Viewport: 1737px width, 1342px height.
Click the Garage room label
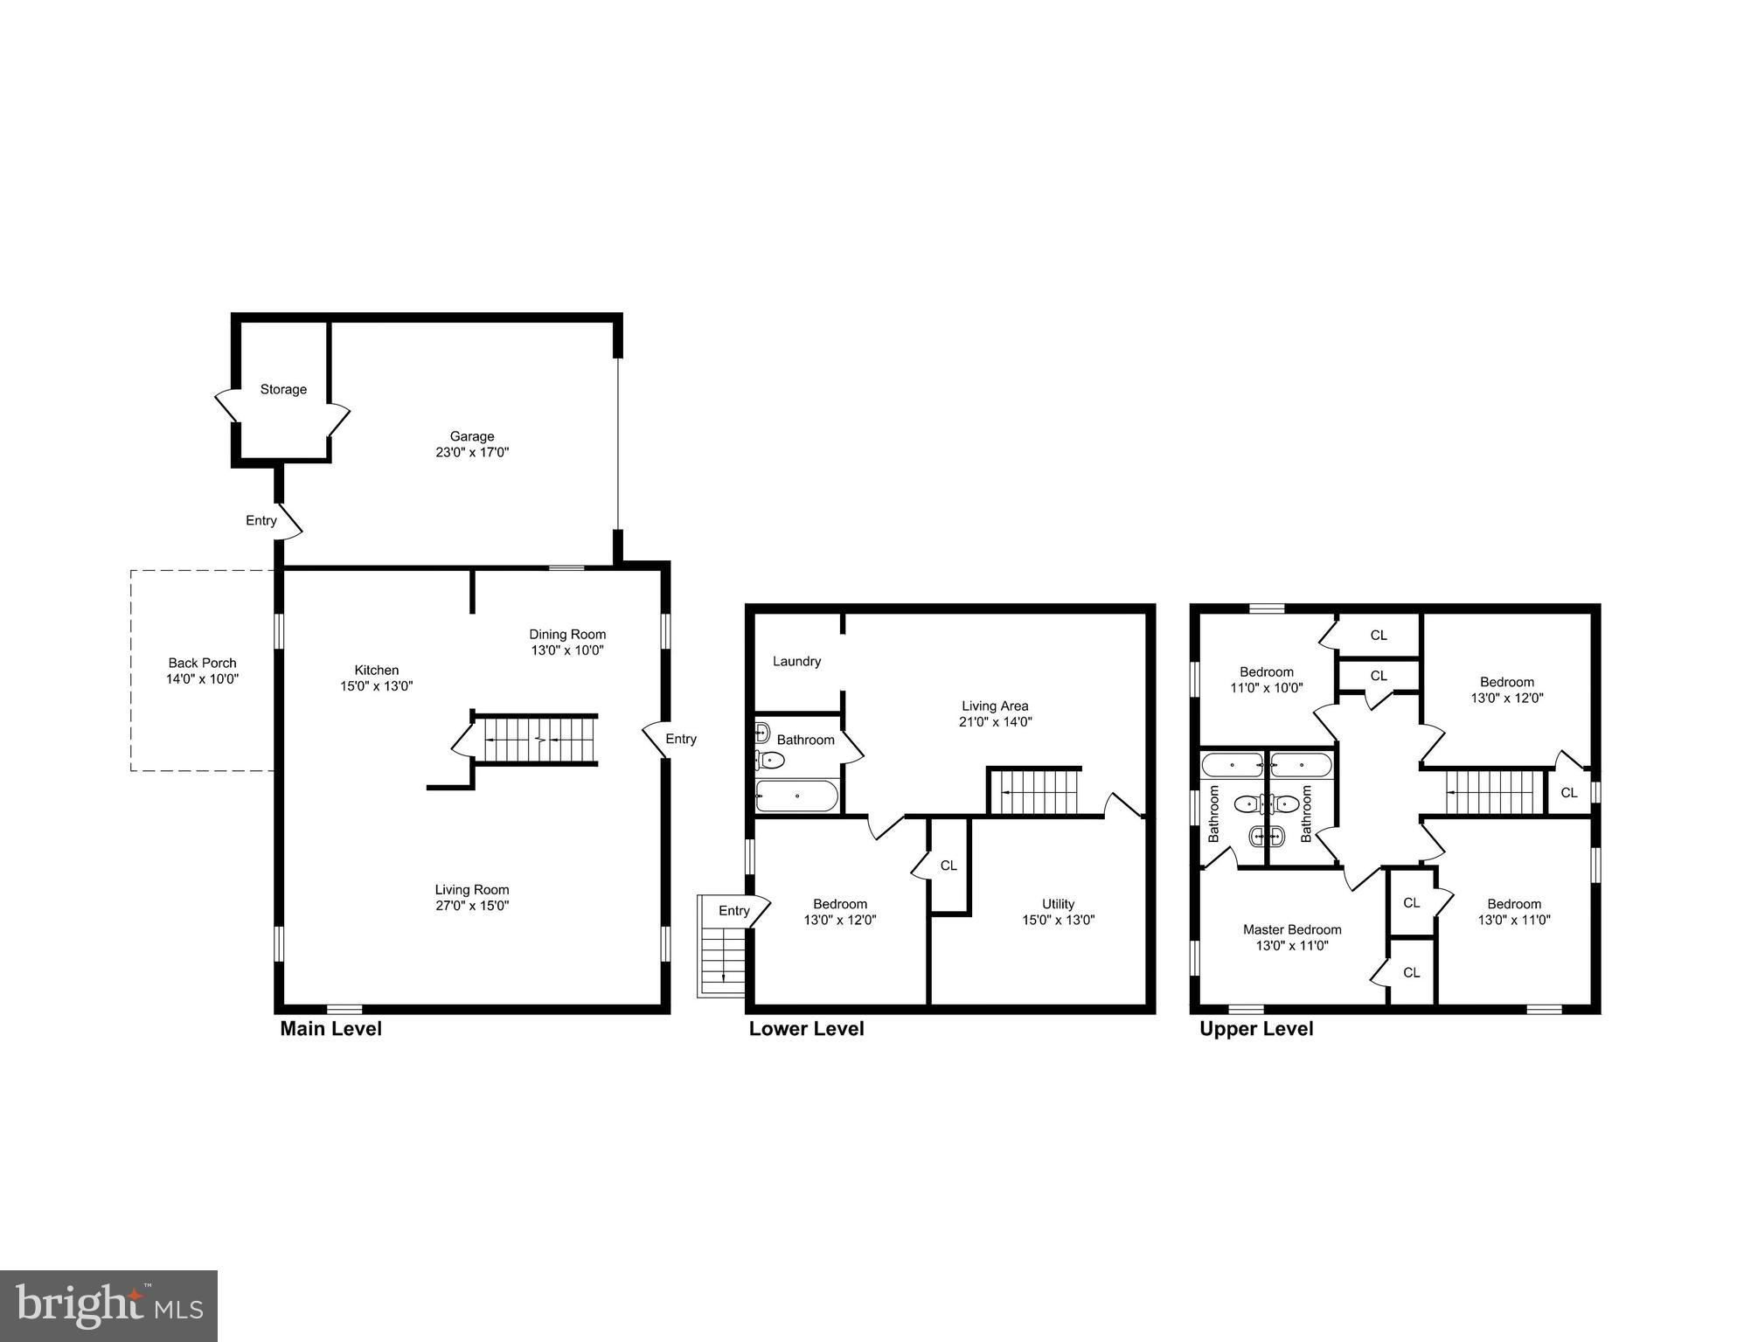click(472, 436)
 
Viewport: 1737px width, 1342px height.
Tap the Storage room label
click(283, 389)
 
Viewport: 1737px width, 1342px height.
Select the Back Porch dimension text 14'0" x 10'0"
click(202, 679)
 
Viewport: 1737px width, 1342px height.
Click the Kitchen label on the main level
click(376, 671)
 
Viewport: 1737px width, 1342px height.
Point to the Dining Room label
click(566, 635)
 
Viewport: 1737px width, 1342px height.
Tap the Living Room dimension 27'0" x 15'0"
click(472, 906)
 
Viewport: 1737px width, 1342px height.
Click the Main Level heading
click(330, 1029)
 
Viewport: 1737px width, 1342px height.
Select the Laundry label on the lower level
click(796, 662)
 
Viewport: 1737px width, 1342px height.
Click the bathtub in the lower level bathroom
click(796, 796)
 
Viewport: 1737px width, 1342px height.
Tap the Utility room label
click(1058, 904)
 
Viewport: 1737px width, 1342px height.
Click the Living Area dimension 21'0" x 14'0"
click(995, 722)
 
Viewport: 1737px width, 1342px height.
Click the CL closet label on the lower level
click(948, 866)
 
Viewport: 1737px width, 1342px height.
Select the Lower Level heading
click(806, 1029)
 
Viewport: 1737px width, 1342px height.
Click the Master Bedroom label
click(1291, 929)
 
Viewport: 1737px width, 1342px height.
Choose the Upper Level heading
click(1255, 1029)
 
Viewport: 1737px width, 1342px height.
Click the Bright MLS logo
click(108, 1305)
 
